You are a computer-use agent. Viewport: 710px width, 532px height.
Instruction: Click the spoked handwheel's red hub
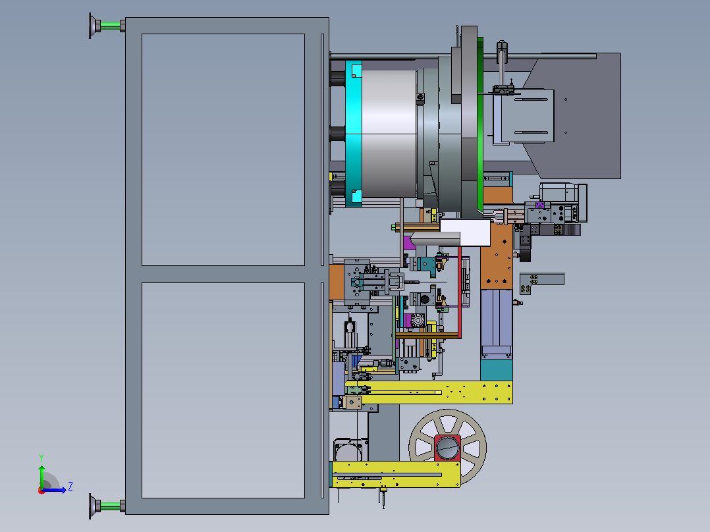click(447, 448)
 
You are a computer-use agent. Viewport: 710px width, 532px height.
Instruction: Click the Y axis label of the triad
click(41, 458)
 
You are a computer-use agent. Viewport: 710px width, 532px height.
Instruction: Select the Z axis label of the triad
click(70, 487)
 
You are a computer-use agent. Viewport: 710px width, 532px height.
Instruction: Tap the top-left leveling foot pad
click(94, 26)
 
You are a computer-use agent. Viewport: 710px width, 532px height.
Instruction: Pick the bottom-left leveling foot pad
click(94, 506)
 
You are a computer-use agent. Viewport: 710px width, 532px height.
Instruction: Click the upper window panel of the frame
click(223, 149)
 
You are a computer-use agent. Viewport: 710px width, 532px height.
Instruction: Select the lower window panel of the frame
click(223, 390)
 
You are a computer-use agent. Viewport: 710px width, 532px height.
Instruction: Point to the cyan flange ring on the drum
click(354, 134)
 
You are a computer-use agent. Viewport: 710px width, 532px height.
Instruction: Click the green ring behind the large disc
click(480, 124)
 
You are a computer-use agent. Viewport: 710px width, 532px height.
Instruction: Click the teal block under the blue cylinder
click(497, 370)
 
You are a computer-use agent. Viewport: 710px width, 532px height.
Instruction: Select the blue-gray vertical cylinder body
click(497, 323)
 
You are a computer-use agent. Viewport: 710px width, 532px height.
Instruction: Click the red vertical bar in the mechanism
click(460, 292)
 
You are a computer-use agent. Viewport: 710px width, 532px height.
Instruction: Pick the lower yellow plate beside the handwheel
click(396, 475)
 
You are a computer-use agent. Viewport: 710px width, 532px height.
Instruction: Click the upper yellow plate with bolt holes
click(430, 392)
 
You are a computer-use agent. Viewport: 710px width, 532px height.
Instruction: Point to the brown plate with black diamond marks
click(497, 256)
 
